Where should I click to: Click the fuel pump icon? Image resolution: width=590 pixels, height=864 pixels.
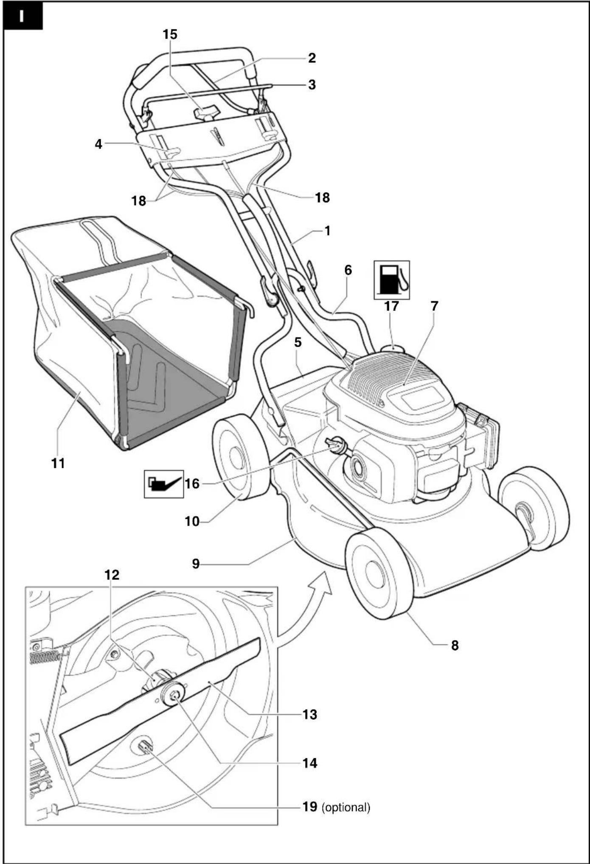click(x=391, y=280)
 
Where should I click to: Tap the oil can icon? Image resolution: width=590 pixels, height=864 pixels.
click(x=164, y=484)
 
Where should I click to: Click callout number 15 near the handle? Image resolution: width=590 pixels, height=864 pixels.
click(x=170, y=34)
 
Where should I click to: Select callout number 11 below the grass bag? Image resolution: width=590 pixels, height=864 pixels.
click(x=58, y=463)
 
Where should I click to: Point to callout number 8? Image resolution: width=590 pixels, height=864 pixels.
click(x=455, y=645)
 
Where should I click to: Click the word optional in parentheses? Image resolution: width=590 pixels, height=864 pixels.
click(x=346, y=807)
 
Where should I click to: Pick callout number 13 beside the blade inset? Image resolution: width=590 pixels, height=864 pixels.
click(x=310, y=714)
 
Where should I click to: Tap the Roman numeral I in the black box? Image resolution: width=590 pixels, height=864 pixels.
click(x=21, y=17)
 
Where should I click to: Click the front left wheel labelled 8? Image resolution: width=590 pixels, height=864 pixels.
click(x=379, y=575)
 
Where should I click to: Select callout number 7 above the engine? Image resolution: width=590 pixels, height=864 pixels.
click(x=434, y=306)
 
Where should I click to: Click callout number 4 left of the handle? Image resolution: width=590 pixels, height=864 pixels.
click(x=98, y=144)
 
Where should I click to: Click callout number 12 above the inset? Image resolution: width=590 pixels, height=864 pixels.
click(x=112, y=575)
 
